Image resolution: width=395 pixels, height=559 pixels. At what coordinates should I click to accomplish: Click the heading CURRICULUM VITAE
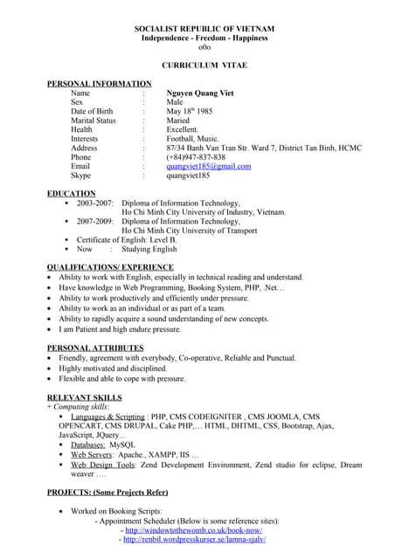[x=197, y=66]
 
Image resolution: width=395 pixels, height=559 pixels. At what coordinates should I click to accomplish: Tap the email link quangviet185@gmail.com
[x=208, y=166]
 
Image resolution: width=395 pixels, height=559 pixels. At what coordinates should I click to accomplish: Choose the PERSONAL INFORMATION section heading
[x=99, y=83]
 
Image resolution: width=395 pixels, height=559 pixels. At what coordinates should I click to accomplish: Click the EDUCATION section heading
[x=71, y=193]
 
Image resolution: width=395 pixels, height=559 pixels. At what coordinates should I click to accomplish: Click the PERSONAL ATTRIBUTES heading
[x=95, y=348]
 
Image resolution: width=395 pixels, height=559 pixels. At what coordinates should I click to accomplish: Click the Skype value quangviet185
[x=188, y=176]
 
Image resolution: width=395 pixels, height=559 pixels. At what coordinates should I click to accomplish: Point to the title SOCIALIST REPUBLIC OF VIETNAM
[x=197, y=29]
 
